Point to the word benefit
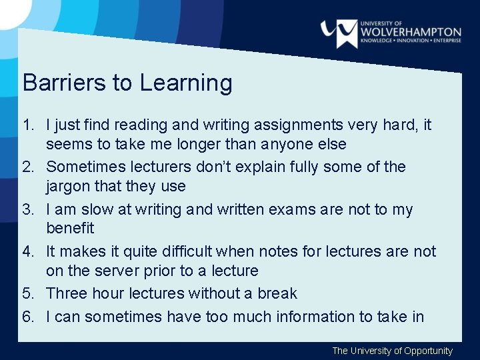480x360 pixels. (x=70, y=228)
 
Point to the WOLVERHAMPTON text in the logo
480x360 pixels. (x=411, y=31)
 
